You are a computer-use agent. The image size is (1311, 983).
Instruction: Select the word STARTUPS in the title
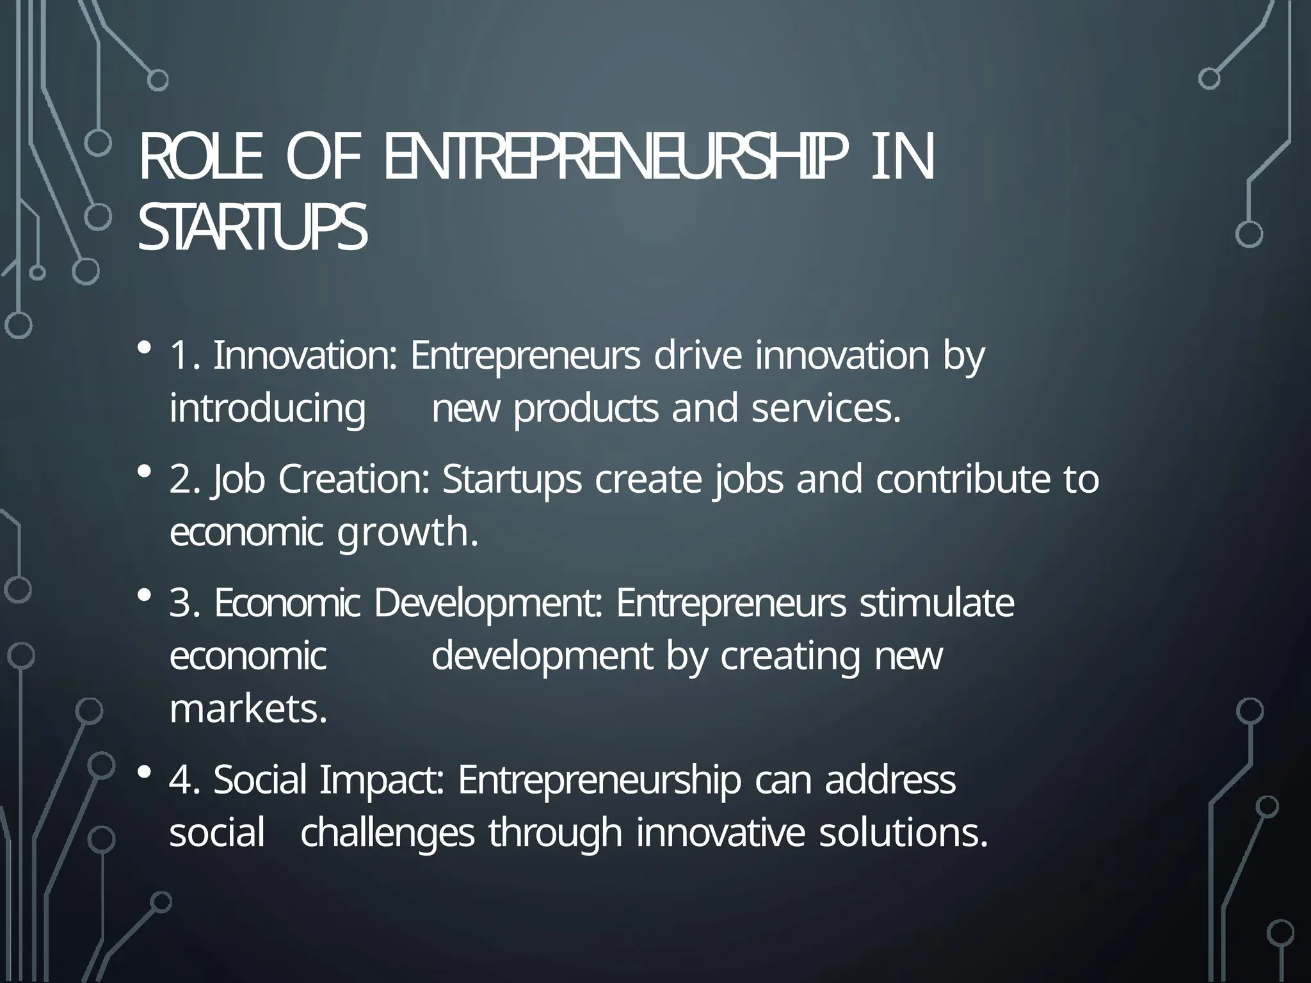[252, 229]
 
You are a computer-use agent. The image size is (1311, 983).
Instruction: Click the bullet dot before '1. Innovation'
[144, 349]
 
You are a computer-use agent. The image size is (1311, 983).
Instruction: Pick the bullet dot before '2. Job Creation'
[144, 473]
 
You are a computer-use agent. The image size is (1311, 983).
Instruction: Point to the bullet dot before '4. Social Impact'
[144, 773]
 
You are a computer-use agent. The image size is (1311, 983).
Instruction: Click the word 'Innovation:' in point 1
[305, 356]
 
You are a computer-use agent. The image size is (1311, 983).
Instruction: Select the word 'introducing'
[268, 410]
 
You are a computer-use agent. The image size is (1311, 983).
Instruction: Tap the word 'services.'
[826, 410]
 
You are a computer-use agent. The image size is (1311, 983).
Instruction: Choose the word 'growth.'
[408, 533]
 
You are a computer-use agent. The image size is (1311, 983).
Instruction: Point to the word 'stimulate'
[937, 603]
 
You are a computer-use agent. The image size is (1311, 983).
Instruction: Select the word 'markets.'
[248, 710]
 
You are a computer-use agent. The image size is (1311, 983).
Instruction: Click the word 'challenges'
[387, 833]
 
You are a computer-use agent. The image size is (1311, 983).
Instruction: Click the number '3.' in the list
[185, 603]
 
